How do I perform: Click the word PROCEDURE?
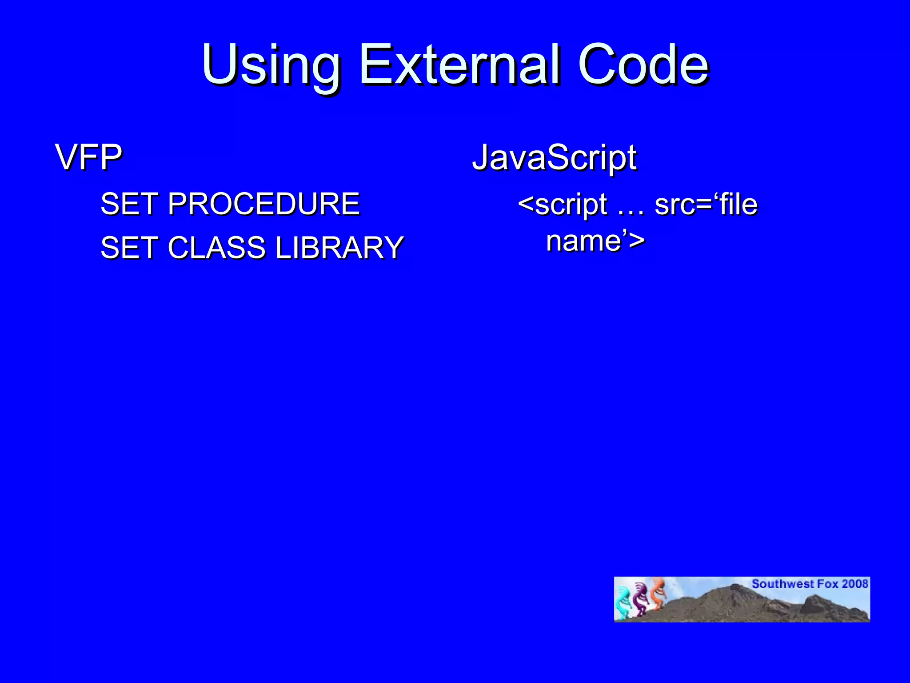click(x=264, y=204)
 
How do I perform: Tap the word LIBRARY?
click(x=339, y=248)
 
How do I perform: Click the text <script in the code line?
click(x=563, y=205)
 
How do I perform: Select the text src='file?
click(x=706, y=205)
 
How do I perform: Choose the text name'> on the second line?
click(x=595, y=241)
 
